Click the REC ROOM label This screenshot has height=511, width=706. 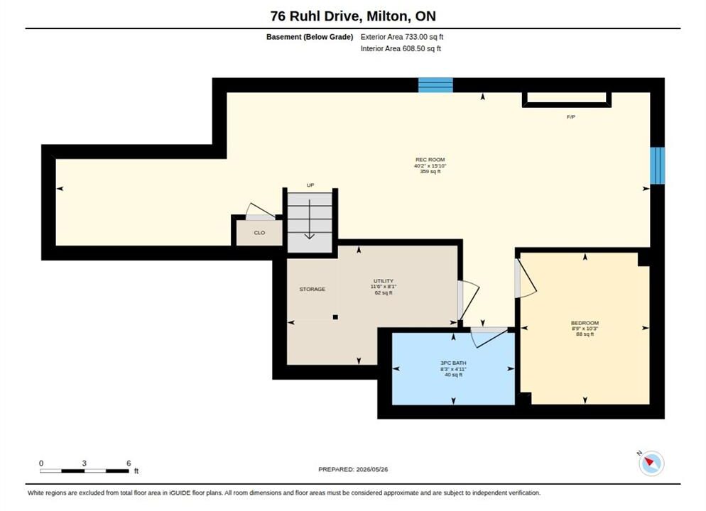pyautogui.click(x=430, y=160)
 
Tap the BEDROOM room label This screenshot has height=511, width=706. pyautogui.click(x=585, y=323)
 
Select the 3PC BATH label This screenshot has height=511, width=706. pyautogui.click(x=453, y=363)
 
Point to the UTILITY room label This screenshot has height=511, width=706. pyautogui.click(x=383, y=280)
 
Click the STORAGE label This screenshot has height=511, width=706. pyautogui.click(x=312, y=290)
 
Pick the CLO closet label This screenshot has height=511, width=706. pyautogui.click(x=259, y=233)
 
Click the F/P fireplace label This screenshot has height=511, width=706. pyautogui.click(x=571, y=117)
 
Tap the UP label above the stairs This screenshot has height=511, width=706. pyautogui.click(x=310, y=185)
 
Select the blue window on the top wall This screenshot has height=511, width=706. pyautogui.click(x=435, y=85)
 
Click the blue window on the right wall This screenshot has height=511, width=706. pyautogui.click(x=658, y=165)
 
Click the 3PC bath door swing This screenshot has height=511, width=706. pyautogui.click(x=489, y=337)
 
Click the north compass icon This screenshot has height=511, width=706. pyautogui.click(x=651, y=463)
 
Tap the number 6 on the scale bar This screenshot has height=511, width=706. pyautogui.click(x=129, y=463)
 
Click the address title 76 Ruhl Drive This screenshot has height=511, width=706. pyautogui.click(x=315, y=16)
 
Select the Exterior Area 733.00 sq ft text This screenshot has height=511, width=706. pyautogui.click(x=401, y=37)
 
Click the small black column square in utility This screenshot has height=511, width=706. pyautogui.click(x=335, y=317)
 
